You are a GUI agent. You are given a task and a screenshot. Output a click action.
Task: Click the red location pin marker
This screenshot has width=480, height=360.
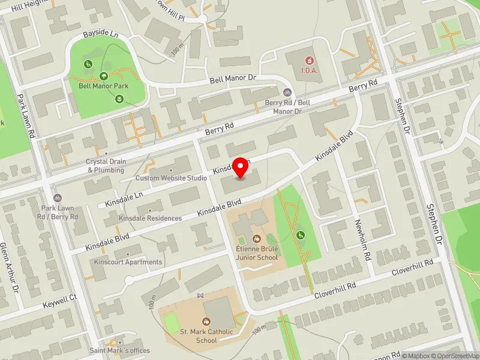coord(241,167)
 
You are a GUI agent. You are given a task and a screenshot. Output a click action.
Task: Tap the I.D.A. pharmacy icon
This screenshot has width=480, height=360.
coord(310,60)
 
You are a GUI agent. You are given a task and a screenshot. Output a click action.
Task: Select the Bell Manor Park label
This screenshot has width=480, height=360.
coord(103,86)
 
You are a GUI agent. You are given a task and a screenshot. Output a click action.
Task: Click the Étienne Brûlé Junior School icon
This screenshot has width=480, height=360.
coord(257,239)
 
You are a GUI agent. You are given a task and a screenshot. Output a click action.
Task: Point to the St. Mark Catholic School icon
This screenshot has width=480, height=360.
coord(207,322)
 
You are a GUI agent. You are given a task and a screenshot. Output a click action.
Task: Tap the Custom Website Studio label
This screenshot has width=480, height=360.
coord(171,178)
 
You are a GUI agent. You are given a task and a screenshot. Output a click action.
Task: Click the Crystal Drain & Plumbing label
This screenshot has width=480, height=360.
coord(106,166)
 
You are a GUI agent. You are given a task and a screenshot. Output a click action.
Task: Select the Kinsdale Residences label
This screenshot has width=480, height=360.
coord(150,218)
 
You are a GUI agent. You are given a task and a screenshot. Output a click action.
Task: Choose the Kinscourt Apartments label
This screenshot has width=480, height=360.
coord(128,262)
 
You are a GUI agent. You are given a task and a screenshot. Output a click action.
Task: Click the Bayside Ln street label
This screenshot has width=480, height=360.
coord(101,35)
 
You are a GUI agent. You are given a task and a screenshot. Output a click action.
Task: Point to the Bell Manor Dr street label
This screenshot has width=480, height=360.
coord(233,79)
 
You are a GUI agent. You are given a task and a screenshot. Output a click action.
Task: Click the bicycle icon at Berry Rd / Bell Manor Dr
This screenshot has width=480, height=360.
coord(287,92)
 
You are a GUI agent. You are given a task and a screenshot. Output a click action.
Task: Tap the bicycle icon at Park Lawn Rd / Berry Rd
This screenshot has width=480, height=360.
coord(58,198)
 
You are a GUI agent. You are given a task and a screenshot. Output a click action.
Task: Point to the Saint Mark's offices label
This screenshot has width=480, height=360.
coord(119,350)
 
